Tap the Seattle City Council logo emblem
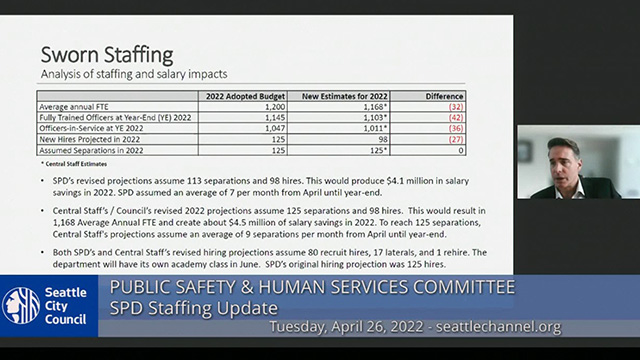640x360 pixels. pyautogui.click(x=21, y=305)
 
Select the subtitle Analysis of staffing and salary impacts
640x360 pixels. pyautogui.click(x=133, y=73)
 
